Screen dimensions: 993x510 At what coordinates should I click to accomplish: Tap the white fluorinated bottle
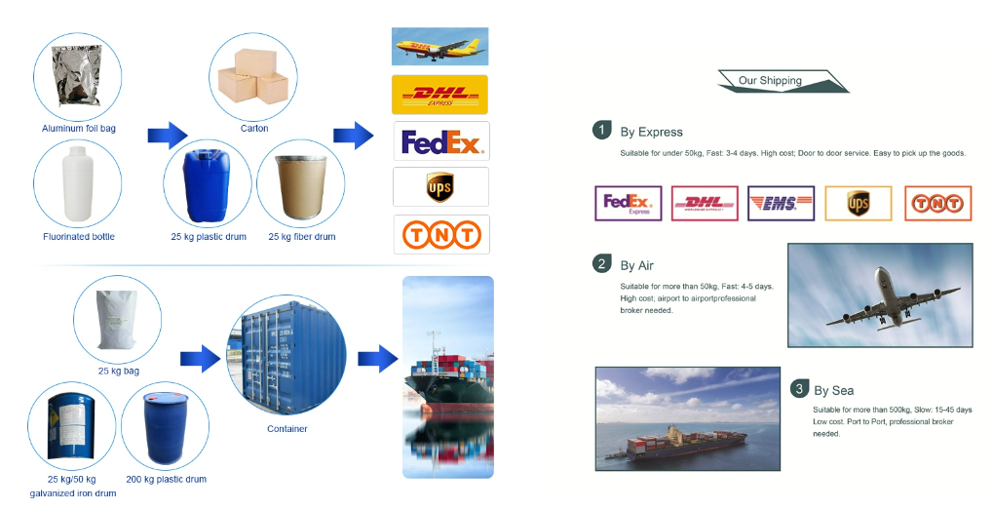click(x=78, y=183)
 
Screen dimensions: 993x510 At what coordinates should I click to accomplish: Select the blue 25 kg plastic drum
click(x=208, y=185)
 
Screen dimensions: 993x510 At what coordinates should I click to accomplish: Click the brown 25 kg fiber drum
click(x=301, y=187)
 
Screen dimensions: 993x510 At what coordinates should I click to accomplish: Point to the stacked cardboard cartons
click(x=253, y=76)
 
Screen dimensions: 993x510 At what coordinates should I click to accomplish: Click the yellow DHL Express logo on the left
click(x=440, y=95)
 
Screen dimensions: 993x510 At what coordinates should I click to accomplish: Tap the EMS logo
click(x=781, y=204)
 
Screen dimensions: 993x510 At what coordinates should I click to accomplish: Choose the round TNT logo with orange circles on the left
click(x=441, y=235)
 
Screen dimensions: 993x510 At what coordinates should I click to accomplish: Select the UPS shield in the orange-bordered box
click(x=859, y=204)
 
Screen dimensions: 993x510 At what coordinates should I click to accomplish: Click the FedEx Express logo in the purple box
click(x=629, y=204)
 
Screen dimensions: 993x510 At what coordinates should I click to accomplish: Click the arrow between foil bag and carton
click(x=168, y=135)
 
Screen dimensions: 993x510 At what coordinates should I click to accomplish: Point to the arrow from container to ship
click(x=377, y=359)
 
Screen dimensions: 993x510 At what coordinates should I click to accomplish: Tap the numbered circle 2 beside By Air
click(x=601, y=263)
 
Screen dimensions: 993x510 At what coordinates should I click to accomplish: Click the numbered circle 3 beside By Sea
click(x=799, y=388)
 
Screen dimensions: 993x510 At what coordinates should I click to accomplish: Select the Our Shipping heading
click(x=770, y=81)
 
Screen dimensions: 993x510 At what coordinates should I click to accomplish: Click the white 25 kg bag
click(x=117, y=319)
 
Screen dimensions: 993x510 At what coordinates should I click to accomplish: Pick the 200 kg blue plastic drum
click(x=166, y=428)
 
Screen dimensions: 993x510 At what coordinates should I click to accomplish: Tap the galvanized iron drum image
click(x=71, y=424)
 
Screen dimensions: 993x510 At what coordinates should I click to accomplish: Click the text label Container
click(x=286, y=429)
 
